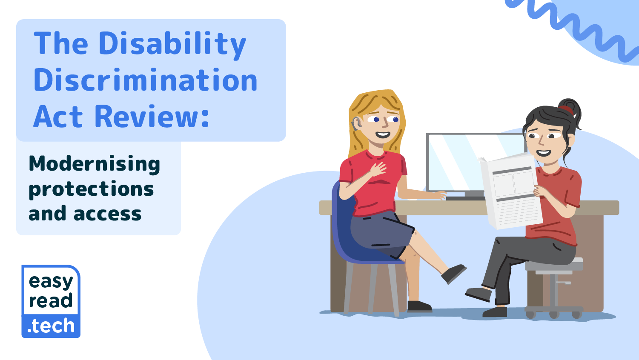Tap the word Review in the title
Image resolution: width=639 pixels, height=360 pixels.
click(149, 116)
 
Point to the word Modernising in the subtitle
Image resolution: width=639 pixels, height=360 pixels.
click(95, 164)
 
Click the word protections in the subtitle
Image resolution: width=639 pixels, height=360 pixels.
click(91, 189)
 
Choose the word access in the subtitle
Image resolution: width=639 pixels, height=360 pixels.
click(108, 214)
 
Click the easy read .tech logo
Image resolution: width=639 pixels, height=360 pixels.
click(51, 301)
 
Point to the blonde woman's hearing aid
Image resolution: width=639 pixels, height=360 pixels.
click(355, 123)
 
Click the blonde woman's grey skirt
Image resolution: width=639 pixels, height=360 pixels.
click(381, 232)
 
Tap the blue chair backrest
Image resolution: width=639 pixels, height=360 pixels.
click(342, 220)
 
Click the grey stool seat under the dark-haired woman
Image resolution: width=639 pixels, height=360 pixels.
click(554, 265)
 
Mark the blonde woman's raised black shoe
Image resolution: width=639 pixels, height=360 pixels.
click(453, 273)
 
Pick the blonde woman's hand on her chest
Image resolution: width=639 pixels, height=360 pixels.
click(378, 169)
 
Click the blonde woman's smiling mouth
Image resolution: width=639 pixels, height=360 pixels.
click(382, 134)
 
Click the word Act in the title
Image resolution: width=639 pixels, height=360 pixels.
click(58, 117)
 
